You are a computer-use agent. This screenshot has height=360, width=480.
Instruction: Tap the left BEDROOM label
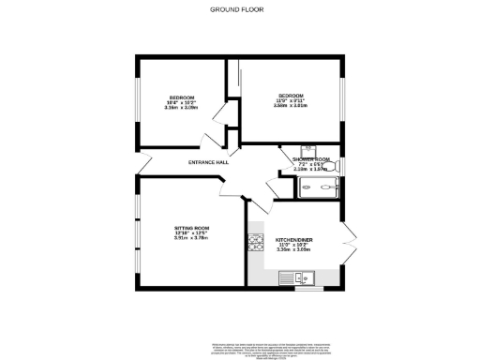pyautogui.click(x=181, y=98)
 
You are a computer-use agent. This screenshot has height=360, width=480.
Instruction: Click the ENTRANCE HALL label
pyautogui.click(x=208, y=162)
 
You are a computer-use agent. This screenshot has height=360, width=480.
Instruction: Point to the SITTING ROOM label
pyautogui.click(x=190, y=229)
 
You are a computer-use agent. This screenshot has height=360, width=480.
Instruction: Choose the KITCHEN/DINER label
pyautogui.click(x=293, y=240)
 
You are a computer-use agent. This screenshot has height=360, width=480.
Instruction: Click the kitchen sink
pyautogui.click(x=303, y=277)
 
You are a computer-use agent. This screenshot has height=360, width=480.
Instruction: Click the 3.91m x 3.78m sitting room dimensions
pyautogui.click(x=190, y=238)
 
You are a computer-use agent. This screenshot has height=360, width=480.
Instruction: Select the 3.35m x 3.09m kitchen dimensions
pyautogui.click(x=293, y=250)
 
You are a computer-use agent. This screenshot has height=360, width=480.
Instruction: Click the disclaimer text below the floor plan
pyautogui.click(x=240, y=328)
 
